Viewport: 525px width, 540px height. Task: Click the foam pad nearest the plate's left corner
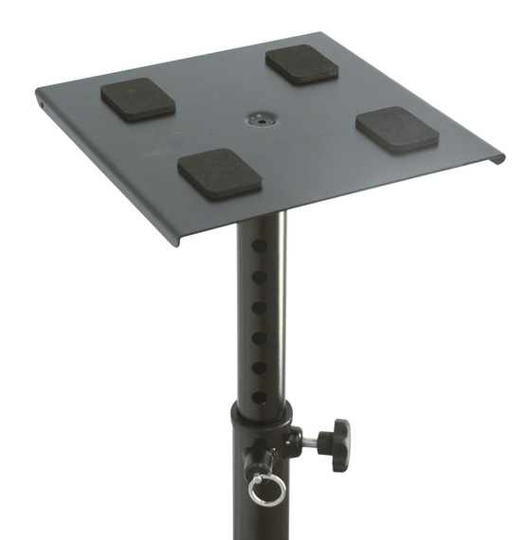coord(138,99)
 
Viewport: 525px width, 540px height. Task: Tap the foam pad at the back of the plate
coord(302,63)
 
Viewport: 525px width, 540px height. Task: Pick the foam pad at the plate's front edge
coord(220,172)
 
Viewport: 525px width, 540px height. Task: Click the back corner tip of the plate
coord(331,35)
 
